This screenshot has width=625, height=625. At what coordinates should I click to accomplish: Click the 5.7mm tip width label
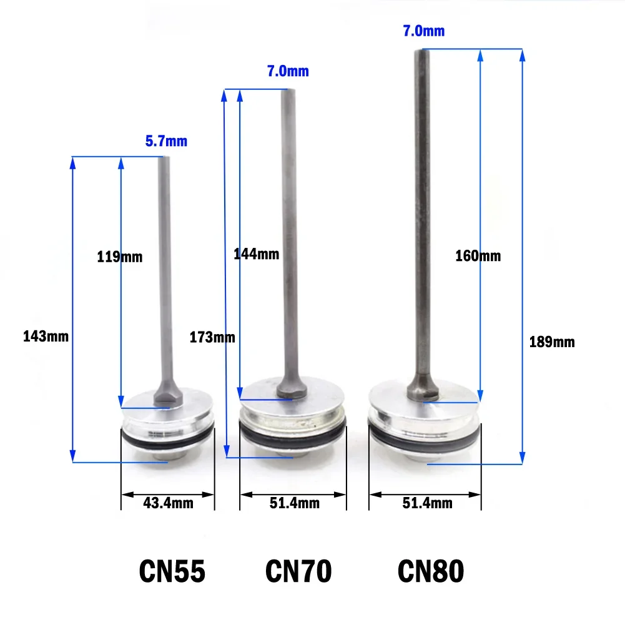(x=165, y=142)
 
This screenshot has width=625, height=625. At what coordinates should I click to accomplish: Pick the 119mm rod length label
(x=119, y=256)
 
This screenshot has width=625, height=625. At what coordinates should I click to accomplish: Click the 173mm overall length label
(x=212, y=337)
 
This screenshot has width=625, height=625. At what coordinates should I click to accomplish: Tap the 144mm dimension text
(x=256, y=254)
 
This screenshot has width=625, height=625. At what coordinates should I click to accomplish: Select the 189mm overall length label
(x=551, y=342)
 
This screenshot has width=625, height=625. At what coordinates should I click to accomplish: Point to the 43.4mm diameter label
(x=168, y=502)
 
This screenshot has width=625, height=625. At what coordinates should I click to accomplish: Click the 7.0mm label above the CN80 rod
(x=424, y=31)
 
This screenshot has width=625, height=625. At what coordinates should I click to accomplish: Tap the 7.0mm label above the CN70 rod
(x=288, y=71)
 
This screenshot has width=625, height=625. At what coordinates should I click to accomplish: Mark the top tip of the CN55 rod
(x=165, y=159)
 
